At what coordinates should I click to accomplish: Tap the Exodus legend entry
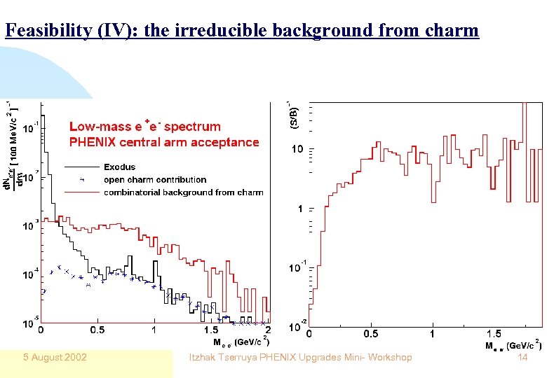(119, 167)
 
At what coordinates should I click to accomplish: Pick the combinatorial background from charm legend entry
(183, 192)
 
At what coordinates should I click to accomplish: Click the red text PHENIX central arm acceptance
(164, 142)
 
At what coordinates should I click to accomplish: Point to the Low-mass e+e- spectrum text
(145, 127)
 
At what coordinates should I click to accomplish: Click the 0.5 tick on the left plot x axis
(97, 330)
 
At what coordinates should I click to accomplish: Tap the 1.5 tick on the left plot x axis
(211, 330)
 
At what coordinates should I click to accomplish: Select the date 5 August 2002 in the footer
(53, 358)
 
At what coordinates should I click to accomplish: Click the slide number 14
(522, 358)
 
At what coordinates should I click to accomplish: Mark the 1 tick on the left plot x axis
(154, 330)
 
